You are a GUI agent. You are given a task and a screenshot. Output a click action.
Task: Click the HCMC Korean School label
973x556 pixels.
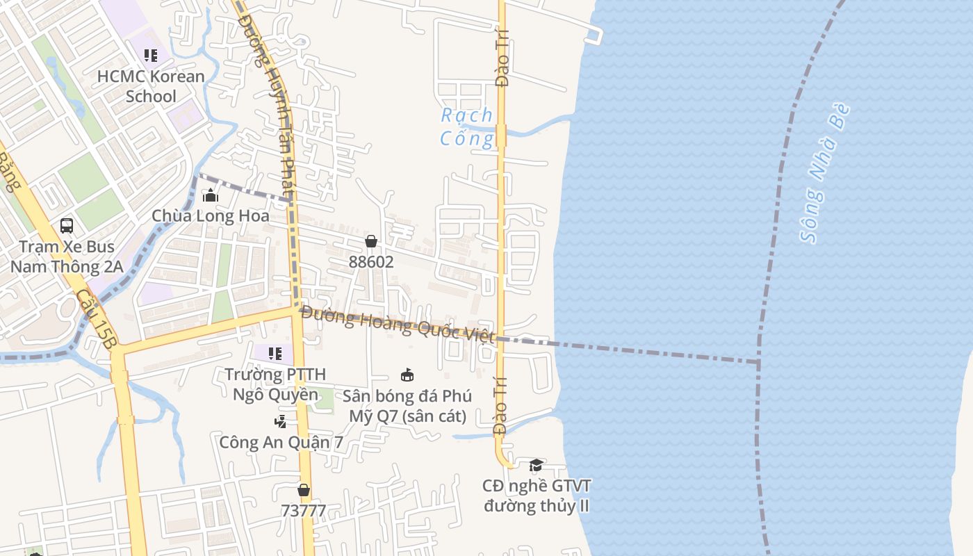pos(151,86)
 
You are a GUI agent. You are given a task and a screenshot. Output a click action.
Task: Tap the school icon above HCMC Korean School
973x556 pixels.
pos(151,55)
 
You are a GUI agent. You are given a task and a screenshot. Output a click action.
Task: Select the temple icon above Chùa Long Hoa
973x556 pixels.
pos(210,195)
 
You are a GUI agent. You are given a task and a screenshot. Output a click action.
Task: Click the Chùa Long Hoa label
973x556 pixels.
pos(211,216)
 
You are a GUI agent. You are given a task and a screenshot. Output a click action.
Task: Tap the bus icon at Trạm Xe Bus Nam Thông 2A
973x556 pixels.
pos(67,225)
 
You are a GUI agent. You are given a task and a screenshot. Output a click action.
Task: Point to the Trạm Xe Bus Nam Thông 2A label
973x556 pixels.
pos(67,256)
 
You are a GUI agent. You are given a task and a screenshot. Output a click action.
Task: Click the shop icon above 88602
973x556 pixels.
pos(371,241)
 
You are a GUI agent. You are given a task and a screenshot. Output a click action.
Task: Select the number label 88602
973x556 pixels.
pos(371,262)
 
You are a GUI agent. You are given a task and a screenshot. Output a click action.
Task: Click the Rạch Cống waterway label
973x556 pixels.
pos(467,126)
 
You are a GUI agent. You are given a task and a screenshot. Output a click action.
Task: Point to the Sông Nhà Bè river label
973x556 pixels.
pos(825,173)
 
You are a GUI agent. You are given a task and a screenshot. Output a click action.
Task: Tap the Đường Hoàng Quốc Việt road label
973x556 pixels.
pos(398,325)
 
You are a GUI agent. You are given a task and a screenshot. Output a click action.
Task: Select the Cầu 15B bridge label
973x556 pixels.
pos(97,319)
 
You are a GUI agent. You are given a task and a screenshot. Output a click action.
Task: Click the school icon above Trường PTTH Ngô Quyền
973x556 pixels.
pos(275,354)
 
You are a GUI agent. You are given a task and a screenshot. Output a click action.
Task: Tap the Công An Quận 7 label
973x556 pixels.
pos(281,442)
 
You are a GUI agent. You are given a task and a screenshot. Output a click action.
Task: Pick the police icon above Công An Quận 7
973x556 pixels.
pos(280,421)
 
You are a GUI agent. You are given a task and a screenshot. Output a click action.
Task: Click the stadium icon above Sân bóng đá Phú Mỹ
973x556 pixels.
pos(407,375)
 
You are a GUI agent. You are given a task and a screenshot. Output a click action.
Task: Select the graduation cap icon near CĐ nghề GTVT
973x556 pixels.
pos(536,465)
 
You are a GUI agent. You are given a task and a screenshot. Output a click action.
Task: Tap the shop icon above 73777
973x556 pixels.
pos(303,490)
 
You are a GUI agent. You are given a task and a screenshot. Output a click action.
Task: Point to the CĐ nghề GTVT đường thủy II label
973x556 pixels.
pos(537,496)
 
